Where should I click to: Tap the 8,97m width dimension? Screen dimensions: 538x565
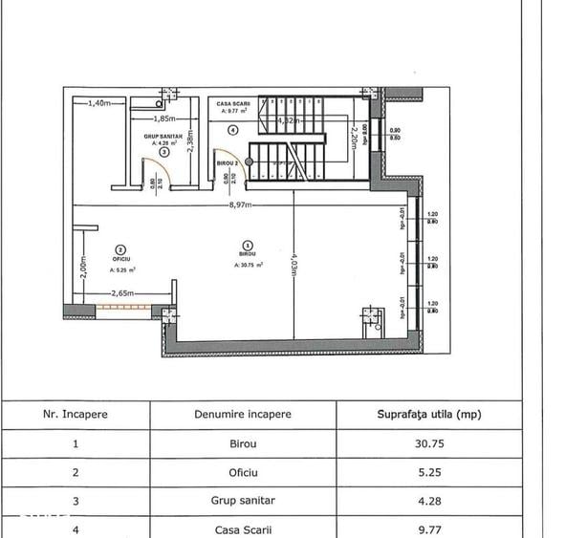point(239,204)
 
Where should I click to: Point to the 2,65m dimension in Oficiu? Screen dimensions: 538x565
point(121,293)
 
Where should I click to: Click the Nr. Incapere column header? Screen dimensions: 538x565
point(76,414)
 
